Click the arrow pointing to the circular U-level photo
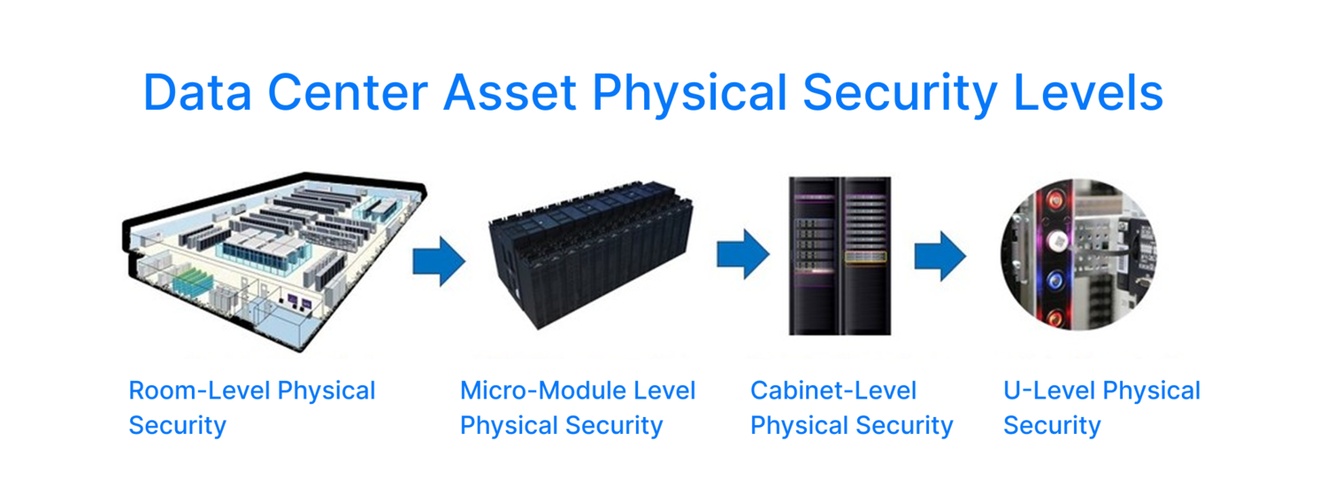pos(940,255)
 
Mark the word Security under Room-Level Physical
pos(178,425)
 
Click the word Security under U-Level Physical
pos(1052,425)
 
